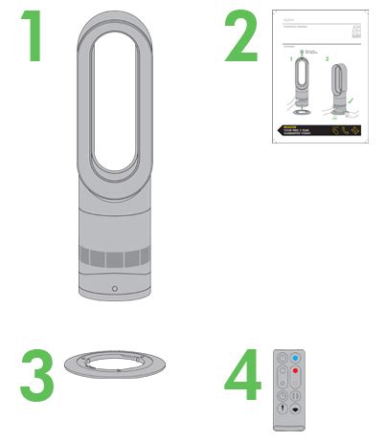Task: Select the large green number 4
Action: [241, 379]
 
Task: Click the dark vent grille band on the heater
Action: [114, 257]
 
